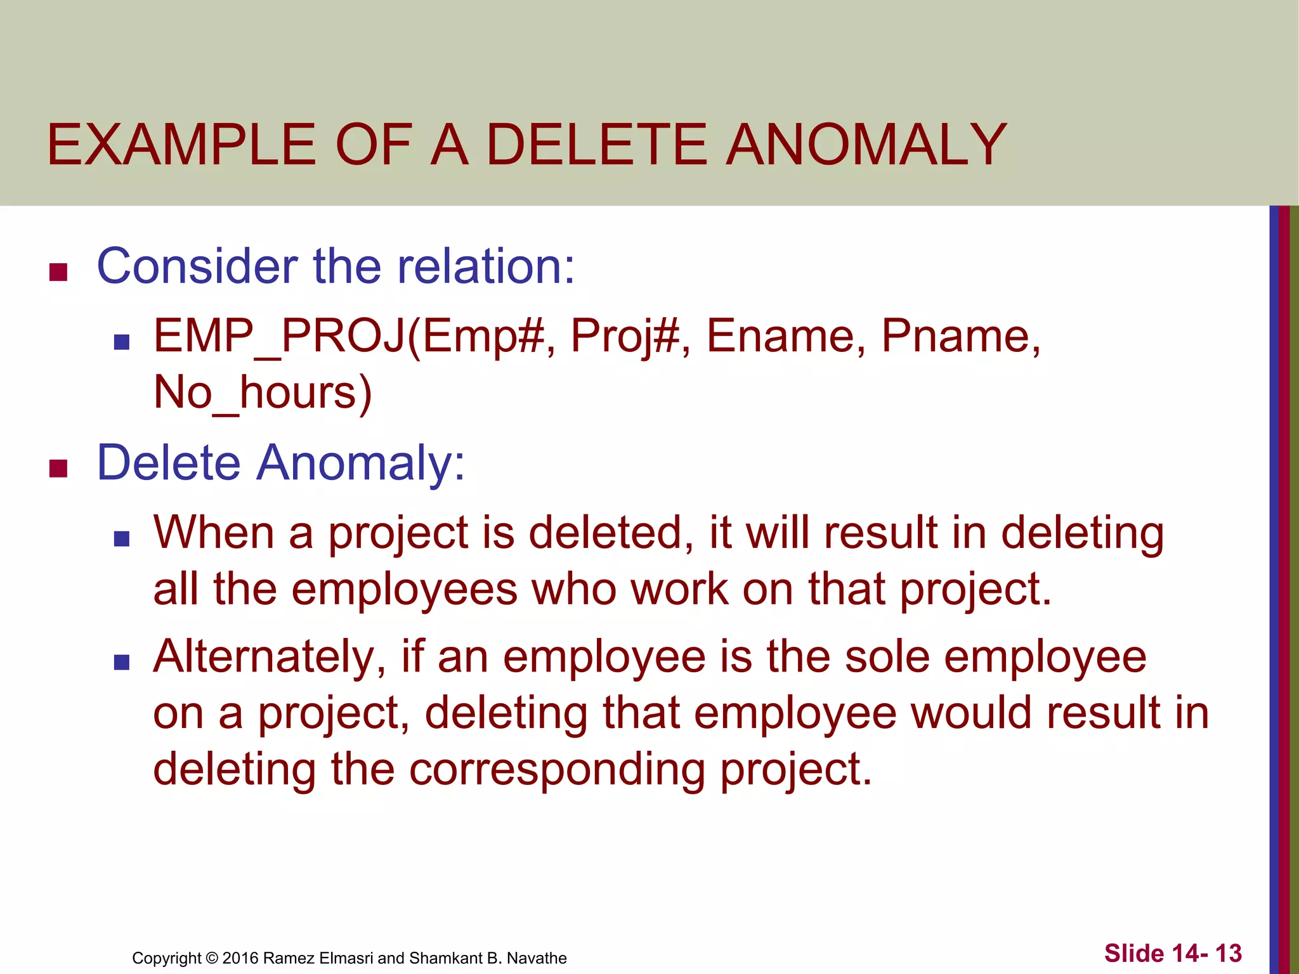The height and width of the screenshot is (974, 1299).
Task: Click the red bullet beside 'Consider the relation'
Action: pos(58,272)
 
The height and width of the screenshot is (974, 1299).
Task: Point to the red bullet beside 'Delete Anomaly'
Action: pos(58,469)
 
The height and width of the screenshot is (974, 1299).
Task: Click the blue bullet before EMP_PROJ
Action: pos(121,342)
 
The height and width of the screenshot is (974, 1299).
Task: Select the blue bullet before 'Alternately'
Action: pos(121,663)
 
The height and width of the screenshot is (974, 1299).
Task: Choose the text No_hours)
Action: pos(263,393)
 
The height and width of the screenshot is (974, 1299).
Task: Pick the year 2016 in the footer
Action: pos(240,958)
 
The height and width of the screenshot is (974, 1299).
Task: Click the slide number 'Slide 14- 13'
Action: pos(1173,953)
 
